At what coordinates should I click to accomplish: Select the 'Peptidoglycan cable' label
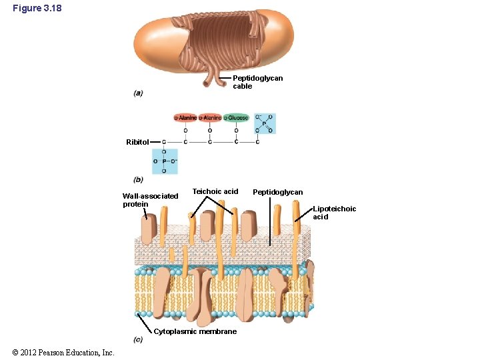tap(257, 82)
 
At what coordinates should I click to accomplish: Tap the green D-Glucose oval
tap(236, 118)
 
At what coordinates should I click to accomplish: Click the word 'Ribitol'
tap(137, 142)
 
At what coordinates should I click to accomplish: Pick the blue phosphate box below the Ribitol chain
tap(165, 161)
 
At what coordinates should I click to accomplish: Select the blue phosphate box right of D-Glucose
tap(264, 123)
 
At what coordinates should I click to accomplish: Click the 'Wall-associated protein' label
tap(150, 200)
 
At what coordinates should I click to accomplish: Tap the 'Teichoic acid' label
tap(215, 191)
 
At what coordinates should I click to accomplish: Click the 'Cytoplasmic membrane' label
tap(195, 331)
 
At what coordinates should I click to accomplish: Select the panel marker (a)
tap(138, 93)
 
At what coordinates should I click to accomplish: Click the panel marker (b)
tap(138, 179)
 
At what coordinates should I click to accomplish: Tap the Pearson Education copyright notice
tap(63, 353)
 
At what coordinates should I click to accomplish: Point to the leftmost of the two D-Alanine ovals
tap(185, 118)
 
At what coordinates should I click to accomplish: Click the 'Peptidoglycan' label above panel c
tap(277, 192)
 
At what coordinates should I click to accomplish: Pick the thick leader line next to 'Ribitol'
tap(155, 142)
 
